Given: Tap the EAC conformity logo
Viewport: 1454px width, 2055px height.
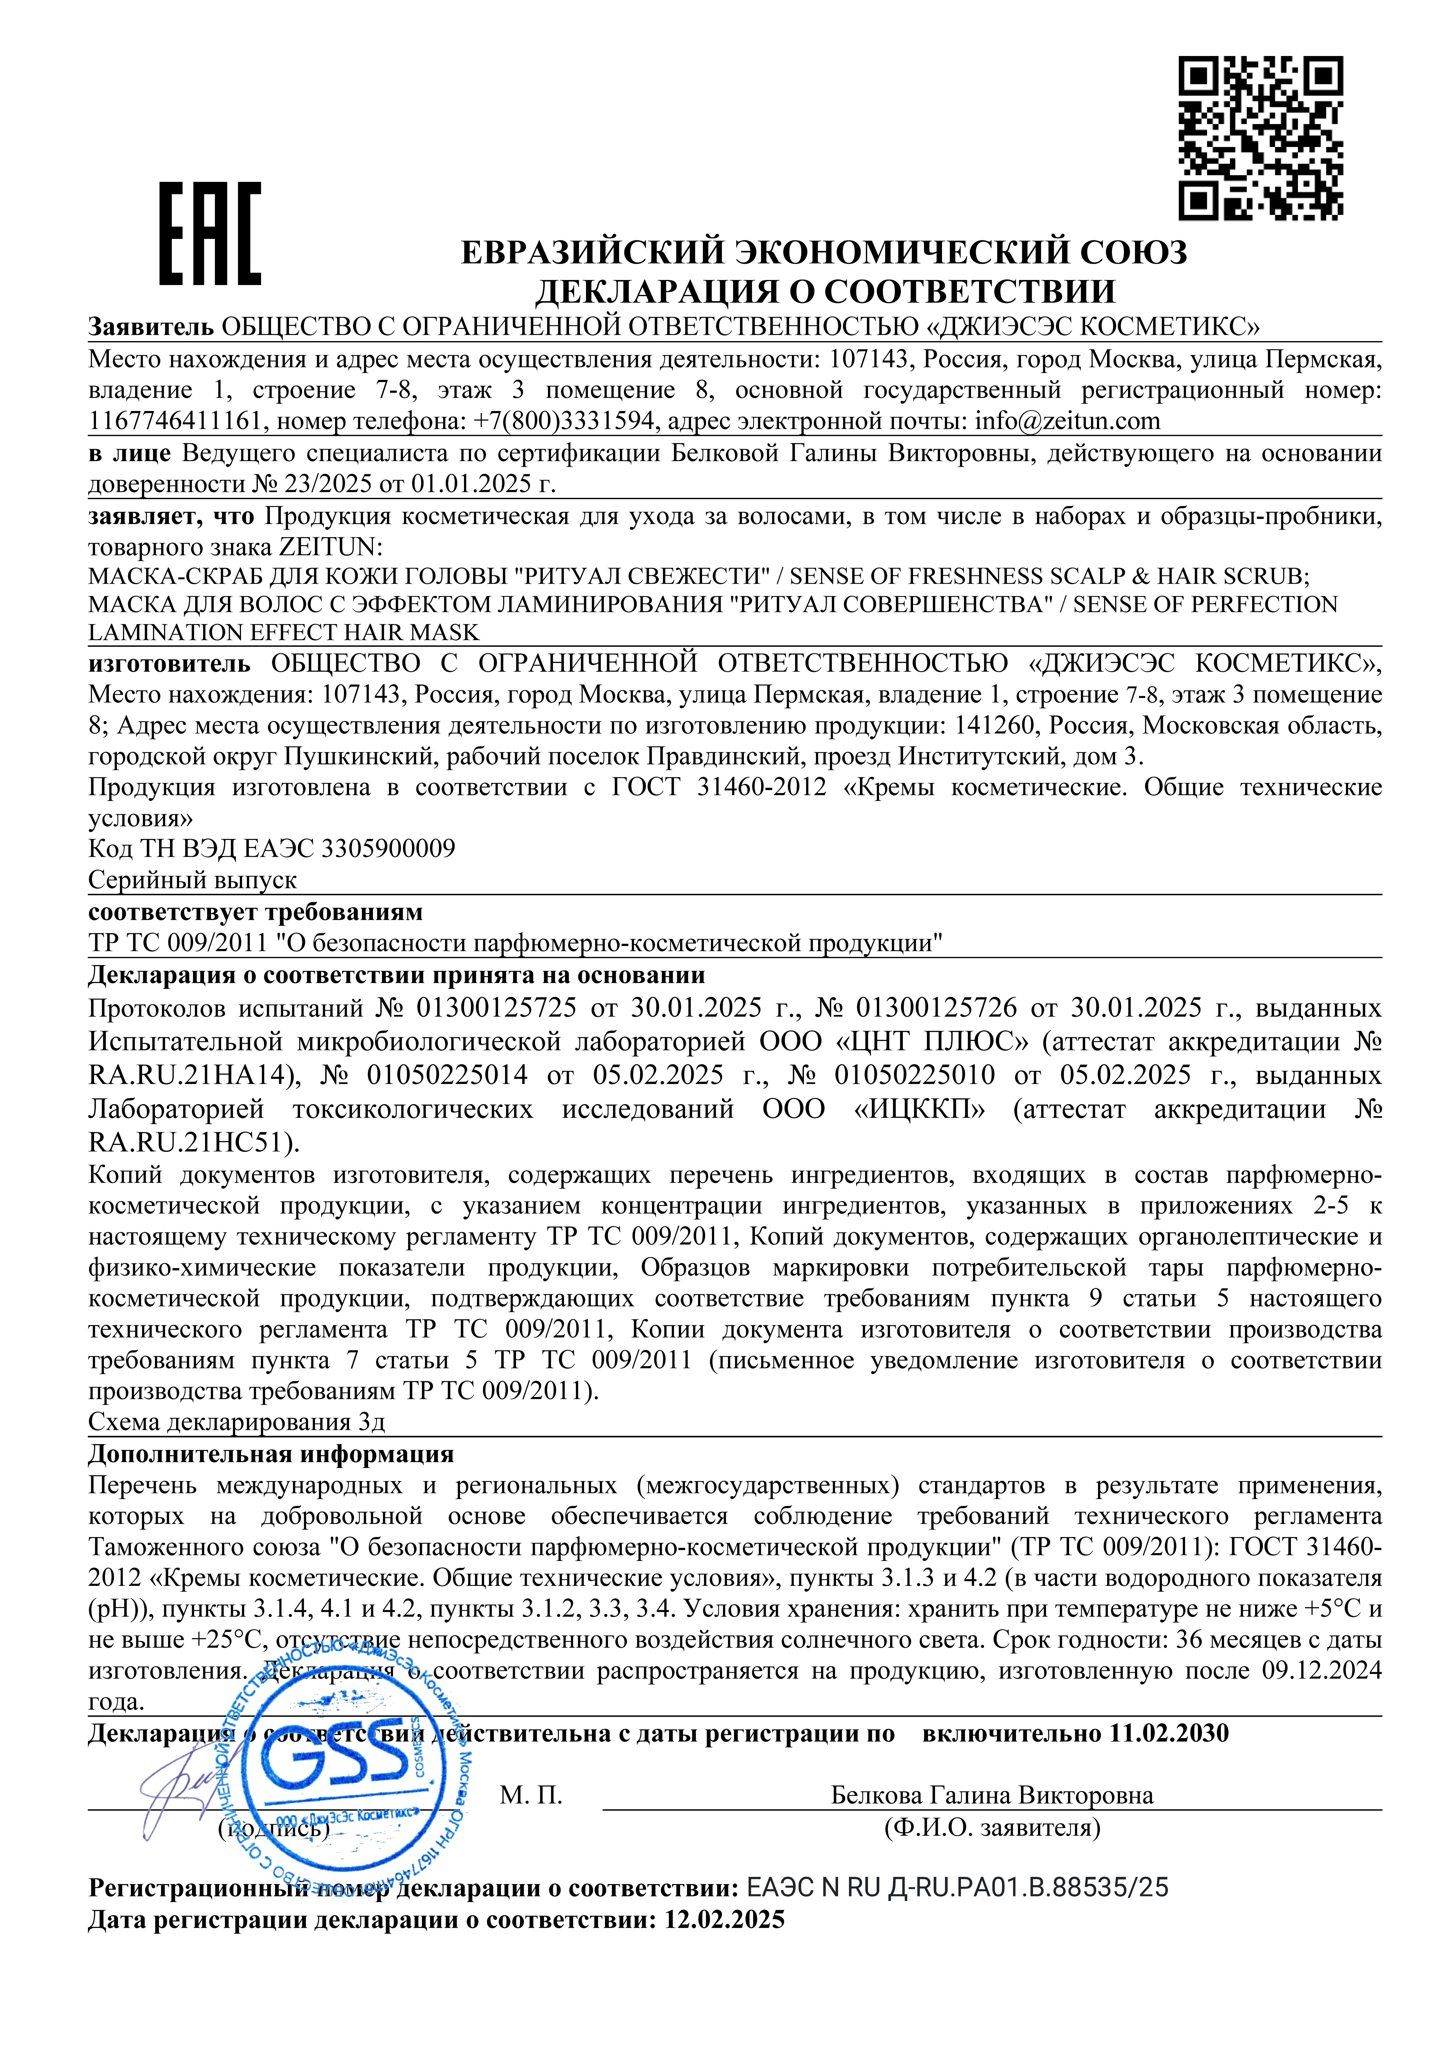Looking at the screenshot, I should click(210, 234).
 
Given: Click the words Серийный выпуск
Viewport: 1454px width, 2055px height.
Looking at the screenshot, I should click(192, 880).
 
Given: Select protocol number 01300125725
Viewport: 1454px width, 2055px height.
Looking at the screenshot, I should click(496, 1009).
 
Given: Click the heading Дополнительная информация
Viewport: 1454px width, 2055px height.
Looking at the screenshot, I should click(270, 1454).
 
